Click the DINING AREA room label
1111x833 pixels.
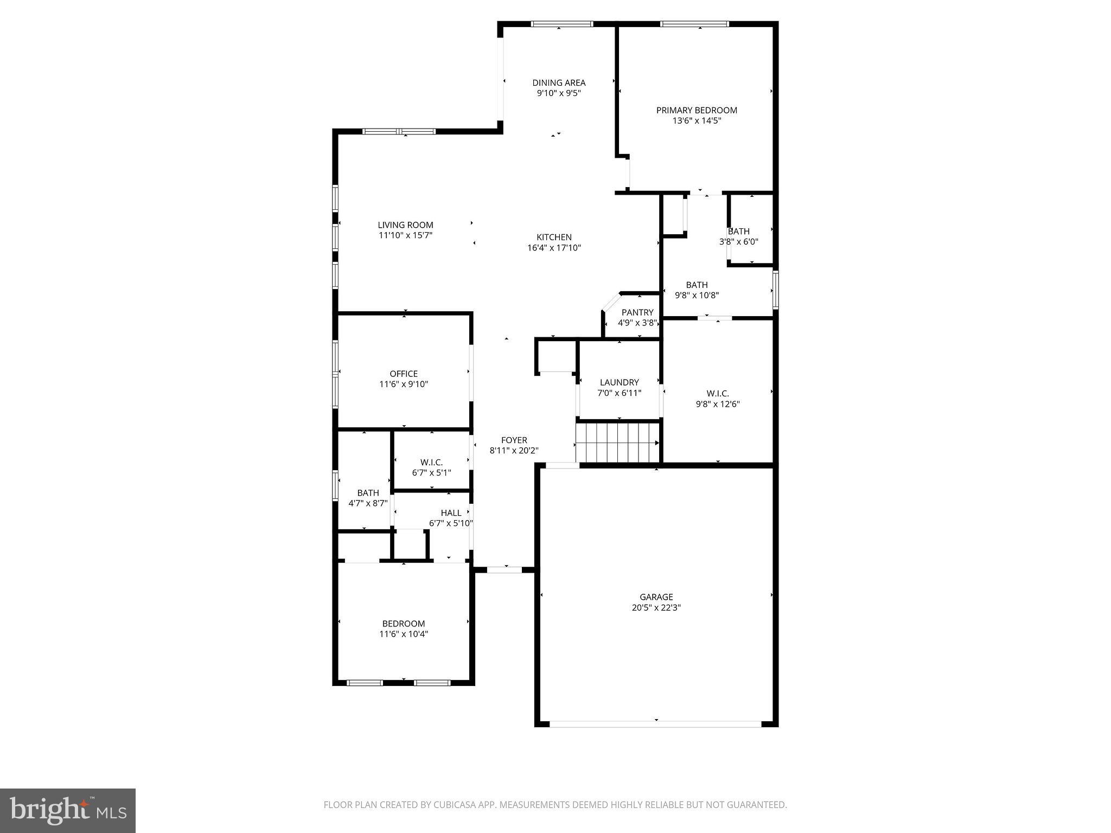(x=559, y=83)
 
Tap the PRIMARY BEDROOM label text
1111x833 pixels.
(x=697, y=111)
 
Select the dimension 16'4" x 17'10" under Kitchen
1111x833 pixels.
(x=554, y=248)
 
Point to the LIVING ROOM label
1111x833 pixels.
(x=405, y=225)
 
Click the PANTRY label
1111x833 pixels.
(x=637, y=312)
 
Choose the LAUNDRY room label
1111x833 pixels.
(x=619, y=382)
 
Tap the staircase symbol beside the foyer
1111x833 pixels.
(x=618, y=443)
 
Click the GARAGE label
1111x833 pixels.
(x=656, y=597)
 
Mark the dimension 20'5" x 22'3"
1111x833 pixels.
(x=656, y=608)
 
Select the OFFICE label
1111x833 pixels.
(x=404, y=374)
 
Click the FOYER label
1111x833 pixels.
(x=514, y=440)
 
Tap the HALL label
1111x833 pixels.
(x=451, y=513)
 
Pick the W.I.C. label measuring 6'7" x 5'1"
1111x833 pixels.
(x=431, y=463)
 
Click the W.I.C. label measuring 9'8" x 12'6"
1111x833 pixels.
(x=718, y=394)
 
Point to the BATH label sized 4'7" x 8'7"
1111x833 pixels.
(x=368, y=493)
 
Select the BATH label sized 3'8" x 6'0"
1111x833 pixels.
(x=738, y=232)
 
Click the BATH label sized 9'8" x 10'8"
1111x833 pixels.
(x=697, y=285)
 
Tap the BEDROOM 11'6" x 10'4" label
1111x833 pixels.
(x=404, y=624)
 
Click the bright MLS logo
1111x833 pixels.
(x=68, y=810)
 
